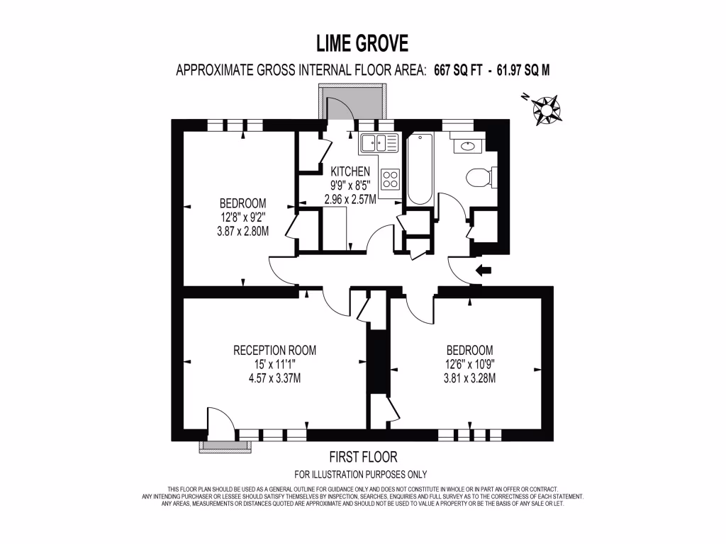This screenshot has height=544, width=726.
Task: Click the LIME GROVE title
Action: pos(362,44)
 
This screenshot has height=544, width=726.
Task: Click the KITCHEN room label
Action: pos(350,171)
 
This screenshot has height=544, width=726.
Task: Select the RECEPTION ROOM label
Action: pos(275,350)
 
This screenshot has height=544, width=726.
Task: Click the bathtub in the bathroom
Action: pos(418,169)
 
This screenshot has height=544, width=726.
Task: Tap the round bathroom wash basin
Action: pos(468,147)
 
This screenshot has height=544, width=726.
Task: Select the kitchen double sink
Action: pos(379,143)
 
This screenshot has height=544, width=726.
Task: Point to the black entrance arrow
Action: pos(484,270)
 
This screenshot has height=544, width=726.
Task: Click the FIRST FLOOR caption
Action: pos(362,457)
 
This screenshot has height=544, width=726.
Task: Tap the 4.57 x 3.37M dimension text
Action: pos(275,378)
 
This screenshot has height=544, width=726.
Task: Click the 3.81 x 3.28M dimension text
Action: pos(469,378)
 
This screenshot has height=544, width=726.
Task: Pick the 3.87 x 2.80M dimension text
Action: pos(243,230)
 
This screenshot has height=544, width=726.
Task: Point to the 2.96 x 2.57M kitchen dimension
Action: pos(350,199)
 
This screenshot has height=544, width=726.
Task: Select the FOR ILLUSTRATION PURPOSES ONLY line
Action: pos(361,475)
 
